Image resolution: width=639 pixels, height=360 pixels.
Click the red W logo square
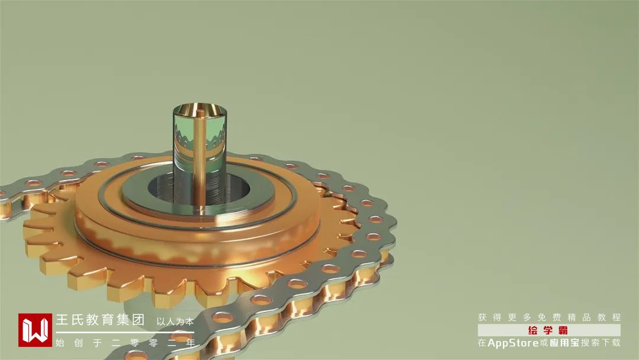click(35, 330)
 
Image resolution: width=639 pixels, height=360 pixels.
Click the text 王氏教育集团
click(100, 319)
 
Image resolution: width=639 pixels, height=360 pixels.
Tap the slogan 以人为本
click(175, 322)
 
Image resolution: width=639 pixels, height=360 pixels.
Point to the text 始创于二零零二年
click(125, 343)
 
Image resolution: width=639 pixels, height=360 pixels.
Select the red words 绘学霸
click(548, 330)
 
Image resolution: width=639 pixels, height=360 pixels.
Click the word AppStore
click(513, 343)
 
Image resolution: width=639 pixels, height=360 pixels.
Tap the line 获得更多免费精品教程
click(549, 317)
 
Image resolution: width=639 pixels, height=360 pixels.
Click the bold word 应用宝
click(564, 343)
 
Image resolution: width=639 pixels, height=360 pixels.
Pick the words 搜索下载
click(601, 343)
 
